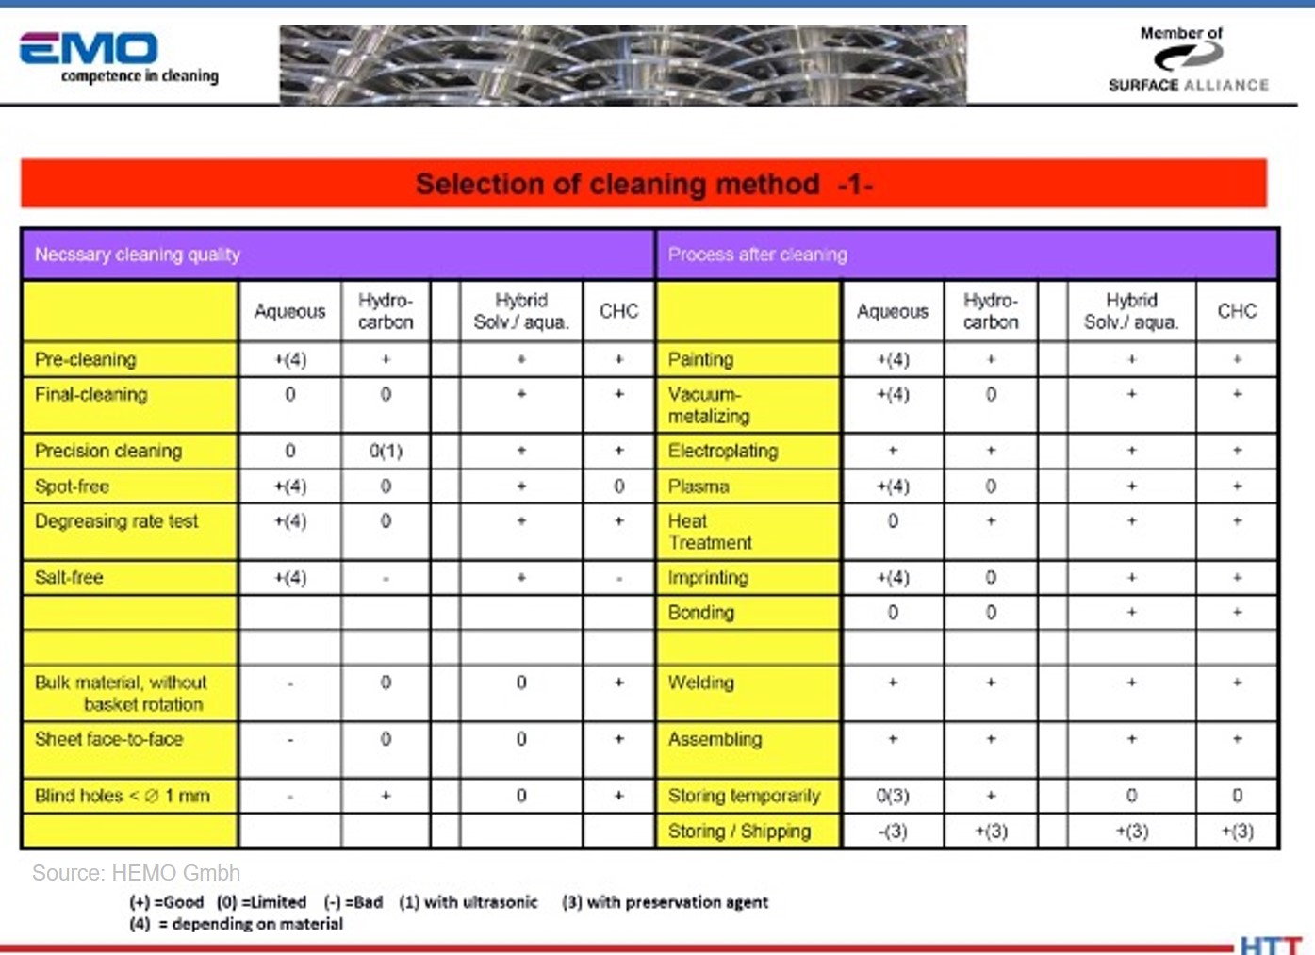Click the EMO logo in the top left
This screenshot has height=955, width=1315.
90,49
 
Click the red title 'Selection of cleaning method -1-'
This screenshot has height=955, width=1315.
644,184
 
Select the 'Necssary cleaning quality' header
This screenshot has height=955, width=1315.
138,255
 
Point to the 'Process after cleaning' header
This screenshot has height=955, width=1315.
757,255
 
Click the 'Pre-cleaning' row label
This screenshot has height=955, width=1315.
86,359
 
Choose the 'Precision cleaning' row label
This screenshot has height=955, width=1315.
108,451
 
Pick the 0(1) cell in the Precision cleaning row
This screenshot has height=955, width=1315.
386,451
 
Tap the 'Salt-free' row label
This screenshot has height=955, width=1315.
69,577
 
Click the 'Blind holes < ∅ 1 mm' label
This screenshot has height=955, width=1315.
123,796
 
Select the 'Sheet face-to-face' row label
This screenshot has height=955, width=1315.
109,739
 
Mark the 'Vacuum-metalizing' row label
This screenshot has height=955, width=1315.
709,405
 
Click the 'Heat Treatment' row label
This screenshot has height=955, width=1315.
709,532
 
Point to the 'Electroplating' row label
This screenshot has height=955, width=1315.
723,451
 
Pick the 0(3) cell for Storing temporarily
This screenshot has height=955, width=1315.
893,796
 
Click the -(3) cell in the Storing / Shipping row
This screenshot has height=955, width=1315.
893,832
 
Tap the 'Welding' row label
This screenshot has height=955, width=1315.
700,683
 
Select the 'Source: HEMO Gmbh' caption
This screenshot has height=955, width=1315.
137,873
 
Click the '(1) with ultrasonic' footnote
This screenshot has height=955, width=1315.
468,902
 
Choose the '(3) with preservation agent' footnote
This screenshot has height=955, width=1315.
665,902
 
